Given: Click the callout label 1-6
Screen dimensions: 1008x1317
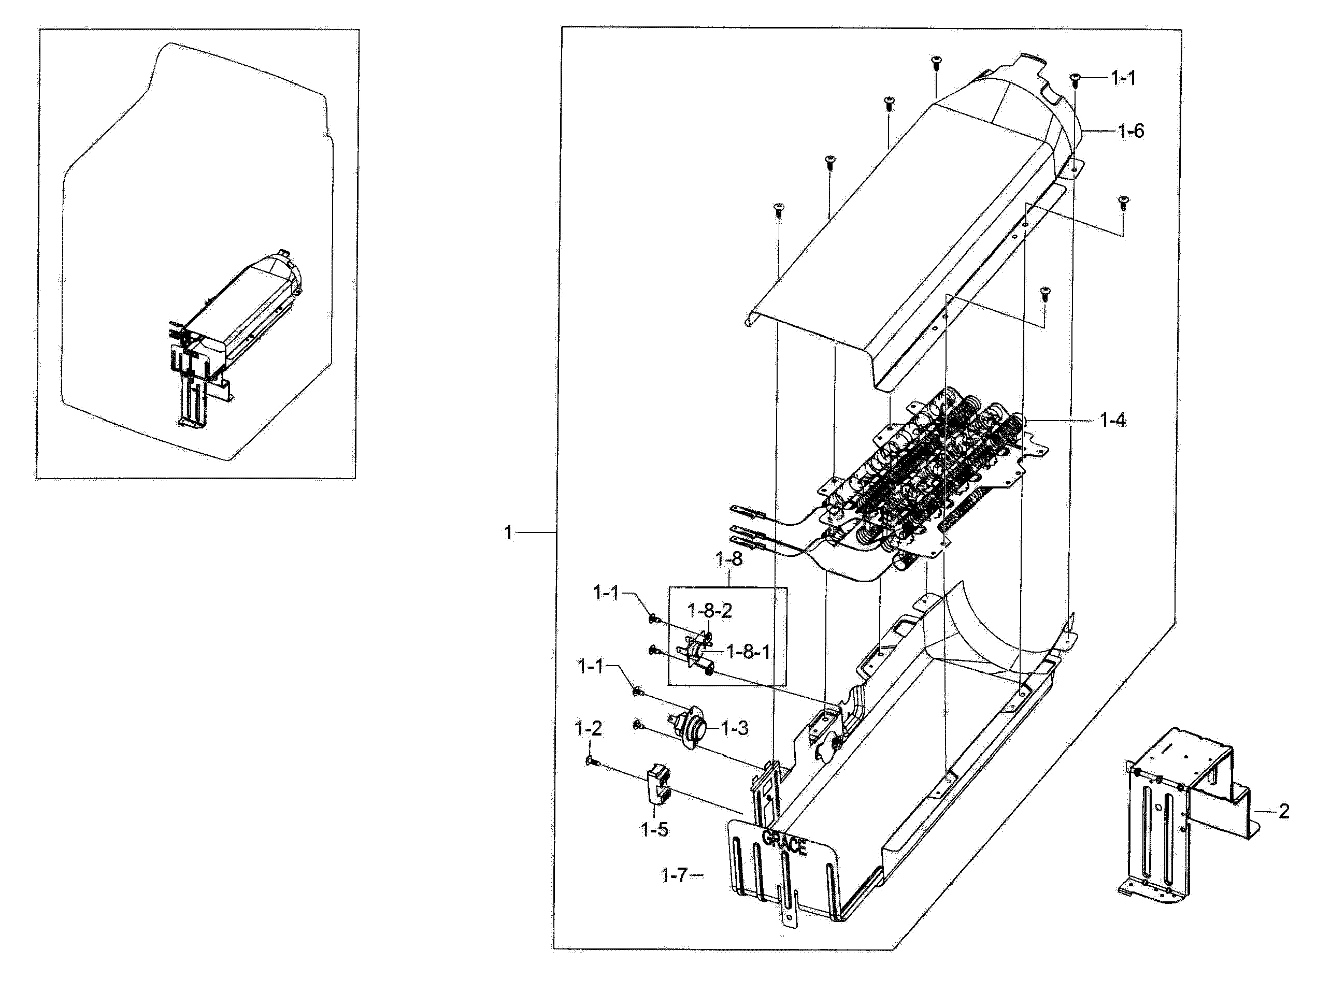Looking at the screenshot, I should point(1130,131).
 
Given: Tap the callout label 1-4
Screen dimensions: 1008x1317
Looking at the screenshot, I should point(1112,421).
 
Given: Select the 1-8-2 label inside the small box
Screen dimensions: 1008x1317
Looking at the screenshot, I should point(709,611).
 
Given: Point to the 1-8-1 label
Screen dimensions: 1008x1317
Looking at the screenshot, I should point(748,652).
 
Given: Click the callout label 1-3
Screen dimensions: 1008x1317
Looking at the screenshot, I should point(734,728).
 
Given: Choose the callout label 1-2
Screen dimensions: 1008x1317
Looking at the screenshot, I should point(588,728).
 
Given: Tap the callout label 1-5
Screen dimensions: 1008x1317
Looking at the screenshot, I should point(654,830).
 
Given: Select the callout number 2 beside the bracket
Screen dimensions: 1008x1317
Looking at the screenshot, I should point(1283,812).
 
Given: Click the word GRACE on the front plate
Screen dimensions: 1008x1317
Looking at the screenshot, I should point(784,843).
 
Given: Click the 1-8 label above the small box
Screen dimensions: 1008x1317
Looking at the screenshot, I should point(728,559).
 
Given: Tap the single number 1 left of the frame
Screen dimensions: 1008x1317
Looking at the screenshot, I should point(509,532).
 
